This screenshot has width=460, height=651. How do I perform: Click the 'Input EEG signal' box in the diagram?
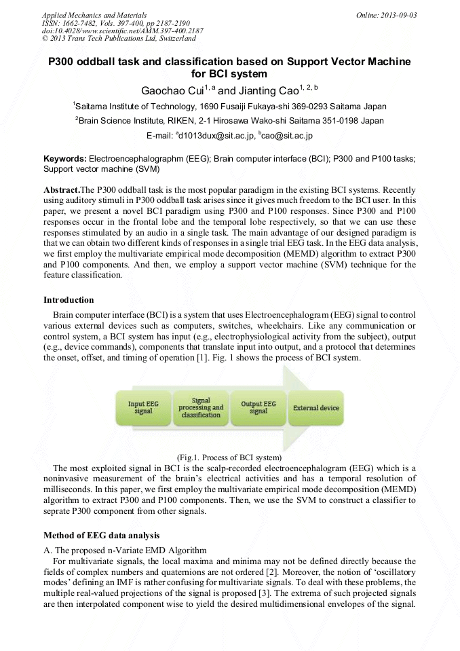tap(143, 407)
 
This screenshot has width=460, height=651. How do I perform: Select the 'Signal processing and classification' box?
tap(201, 407)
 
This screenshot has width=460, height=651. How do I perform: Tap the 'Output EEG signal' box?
tap(258, 407)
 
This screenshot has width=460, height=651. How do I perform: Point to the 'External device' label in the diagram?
tap(316, 408)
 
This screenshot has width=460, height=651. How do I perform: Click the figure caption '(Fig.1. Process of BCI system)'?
tap(229, 457)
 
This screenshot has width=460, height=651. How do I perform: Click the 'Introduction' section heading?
tap(69, 300)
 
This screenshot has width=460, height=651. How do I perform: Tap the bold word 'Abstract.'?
tap(62, 189)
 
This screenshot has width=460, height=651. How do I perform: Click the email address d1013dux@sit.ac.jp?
tap(216, 136)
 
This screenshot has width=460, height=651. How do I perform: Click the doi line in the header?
tap(122, 31)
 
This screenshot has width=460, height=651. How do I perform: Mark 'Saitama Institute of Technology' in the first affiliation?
tap(135, 107)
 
